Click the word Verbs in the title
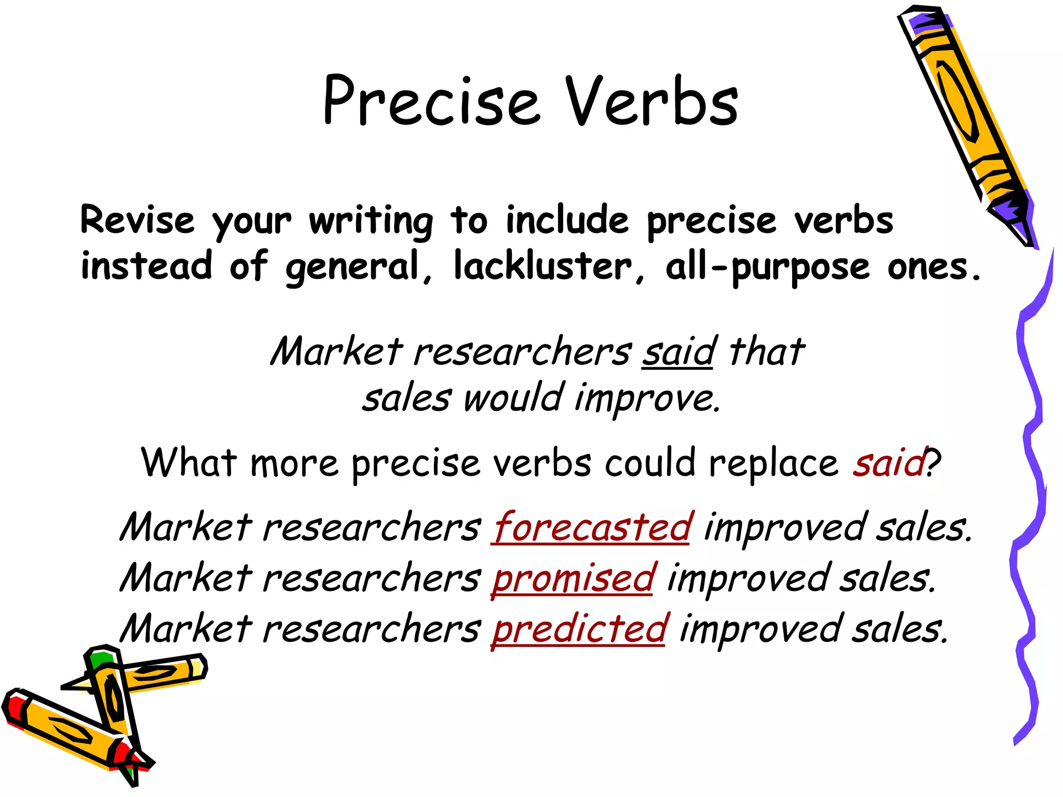click(x=651, y=101)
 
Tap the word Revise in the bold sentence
click(x=138, y=221)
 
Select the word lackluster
click(x=542, y=266)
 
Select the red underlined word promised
click(x=574, y=578)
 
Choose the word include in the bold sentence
click(x=567, y=220)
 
